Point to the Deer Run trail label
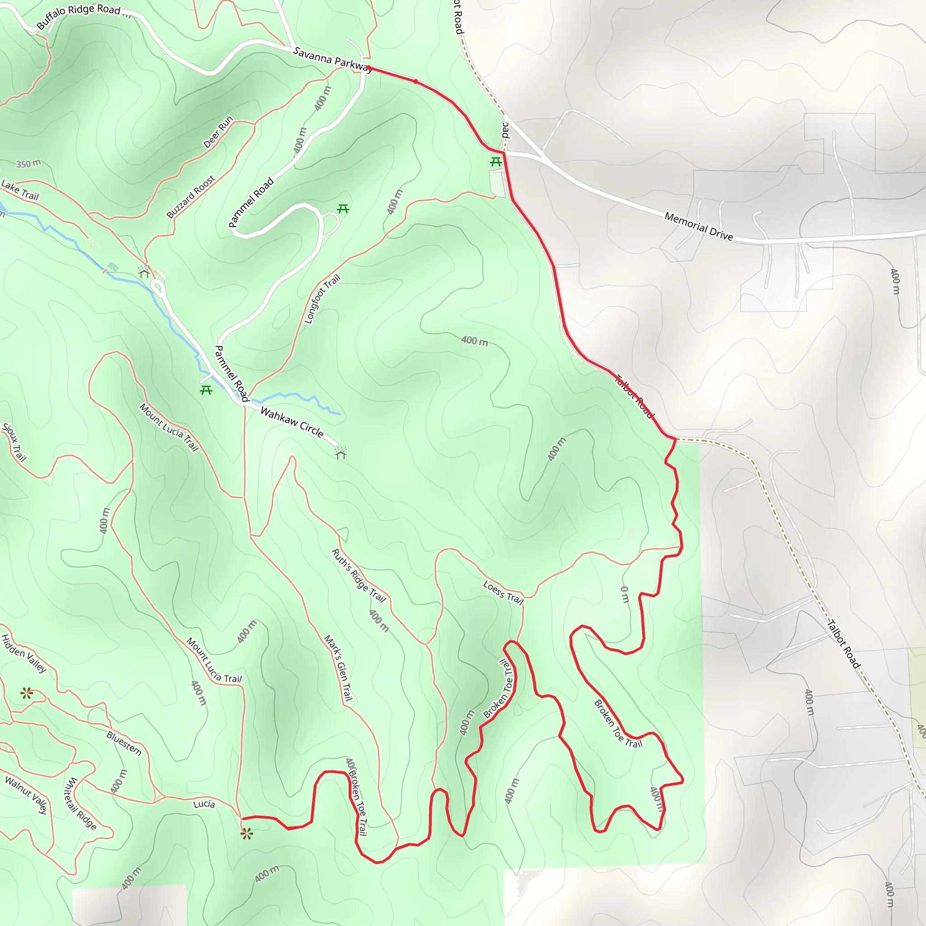(x=218, y=132)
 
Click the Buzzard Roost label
(x=190, y=197)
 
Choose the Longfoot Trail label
(x=322, y=299)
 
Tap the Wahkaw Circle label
(x=292, y=422)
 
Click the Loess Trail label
(x=503, y=592)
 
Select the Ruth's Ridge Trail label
(x=359, y=575)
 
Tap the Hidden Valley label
(x=24, y=653)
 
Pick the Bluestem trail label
(x=123, y=743)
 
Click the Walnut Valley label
(x=26, y=795)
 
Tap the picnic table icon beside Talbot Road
(x=496, y=162)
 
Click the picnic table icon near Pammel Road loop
(x=343, y=208)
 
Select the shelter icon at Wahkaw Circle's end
(x=341, y=453)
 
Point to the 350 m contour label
(x=28, y=164)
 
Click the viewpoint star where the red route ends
(x=246, y=834)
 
